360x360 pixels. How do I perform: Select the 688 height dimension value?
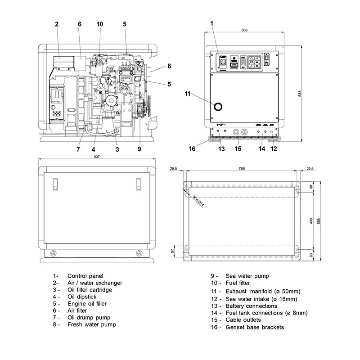pyautogui.click(x=300, y=94)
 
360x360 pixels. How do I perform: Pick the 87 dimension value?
pyautogui.click(x=172, y=251)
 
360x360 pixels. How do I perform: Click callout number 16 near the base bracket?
pyautogui.click(x=192, y=148)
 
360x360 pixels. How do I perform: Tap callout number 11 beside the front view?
pyautogui.click(x=188, y=94)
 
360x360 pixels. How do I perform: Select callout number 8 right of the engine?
pyautogui.click(x=169, y=66)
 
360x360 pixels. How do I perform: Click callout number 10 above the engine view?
pyautogui.click(x=99, y=24)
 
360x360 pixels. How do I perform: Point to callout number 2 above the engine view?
pyautogui.click(x=57, y=24)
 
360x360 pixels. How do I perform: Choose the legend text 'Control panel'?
pyautogui.click(x=85, y=276)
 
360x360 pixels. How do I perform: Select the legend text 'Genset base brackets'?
pyautogui.click(x=254, y=327)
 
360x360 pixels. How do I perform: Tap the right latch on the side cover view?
pyautogui.click(x=139, y=184)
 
